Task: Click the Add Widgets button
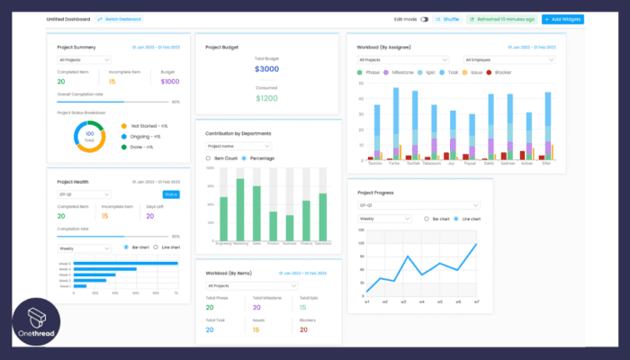click(562, 19)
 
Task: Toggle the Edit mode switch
click(424, 19)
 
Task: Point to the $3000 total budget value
click(267, 68)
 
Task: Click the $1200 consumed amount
click(267, 97)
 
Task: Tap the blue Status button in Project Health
click(170, 194)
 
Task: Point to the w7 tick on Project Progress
click(476, 302)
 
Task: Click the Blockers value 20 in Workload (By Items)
click(302, 329)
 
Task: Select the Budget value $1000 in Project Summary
click(170, 80)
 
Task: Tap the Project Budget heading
click(222, 46)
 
